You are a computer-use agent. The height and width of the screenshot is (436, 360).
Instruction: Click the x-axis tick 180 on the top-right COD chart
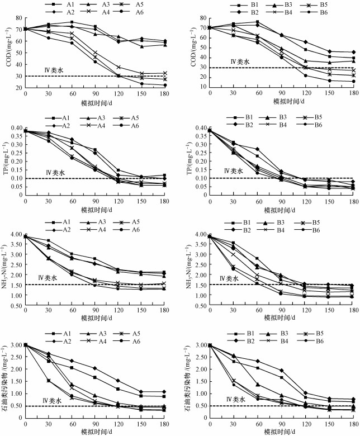pyautogui.click(x=350, y=92)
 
